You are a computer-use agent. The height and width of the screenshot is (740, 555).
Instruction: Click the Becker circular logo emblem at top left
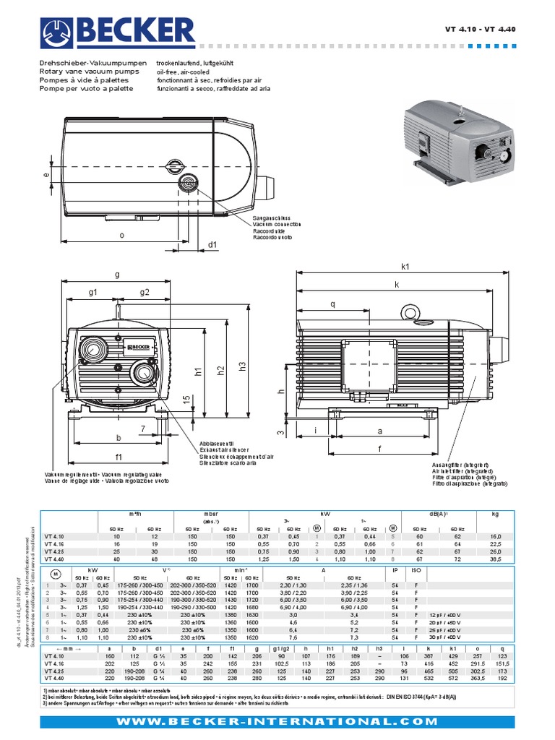[x=55, y=33]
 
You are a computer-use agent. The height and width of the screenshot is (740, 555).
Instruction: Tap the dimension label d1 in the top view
[x=212, y=245]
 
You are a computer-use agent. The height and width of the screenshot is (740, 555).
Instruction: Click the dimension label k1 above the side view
[x=405, y=267]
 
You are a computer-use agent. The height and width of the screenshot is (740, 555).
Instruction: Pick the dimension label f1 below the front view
[x=119, y=456]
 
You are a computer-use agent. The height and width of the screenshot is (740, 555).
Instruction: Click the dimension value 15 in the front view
[x=186, y=400]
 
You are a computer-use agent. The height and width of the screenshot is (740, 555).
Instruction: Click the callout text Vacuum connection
[x=272, y=224]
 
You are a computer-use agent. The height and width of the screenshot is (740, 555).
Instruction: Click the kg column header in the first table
[x=495, y=514]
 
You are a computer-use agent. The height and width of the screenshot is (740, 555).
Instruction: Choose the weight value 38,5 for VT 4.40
[x=495, y=559]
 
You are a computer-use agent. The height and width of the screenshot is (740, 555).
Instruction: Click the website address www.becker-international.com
[x=277, y=722]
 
